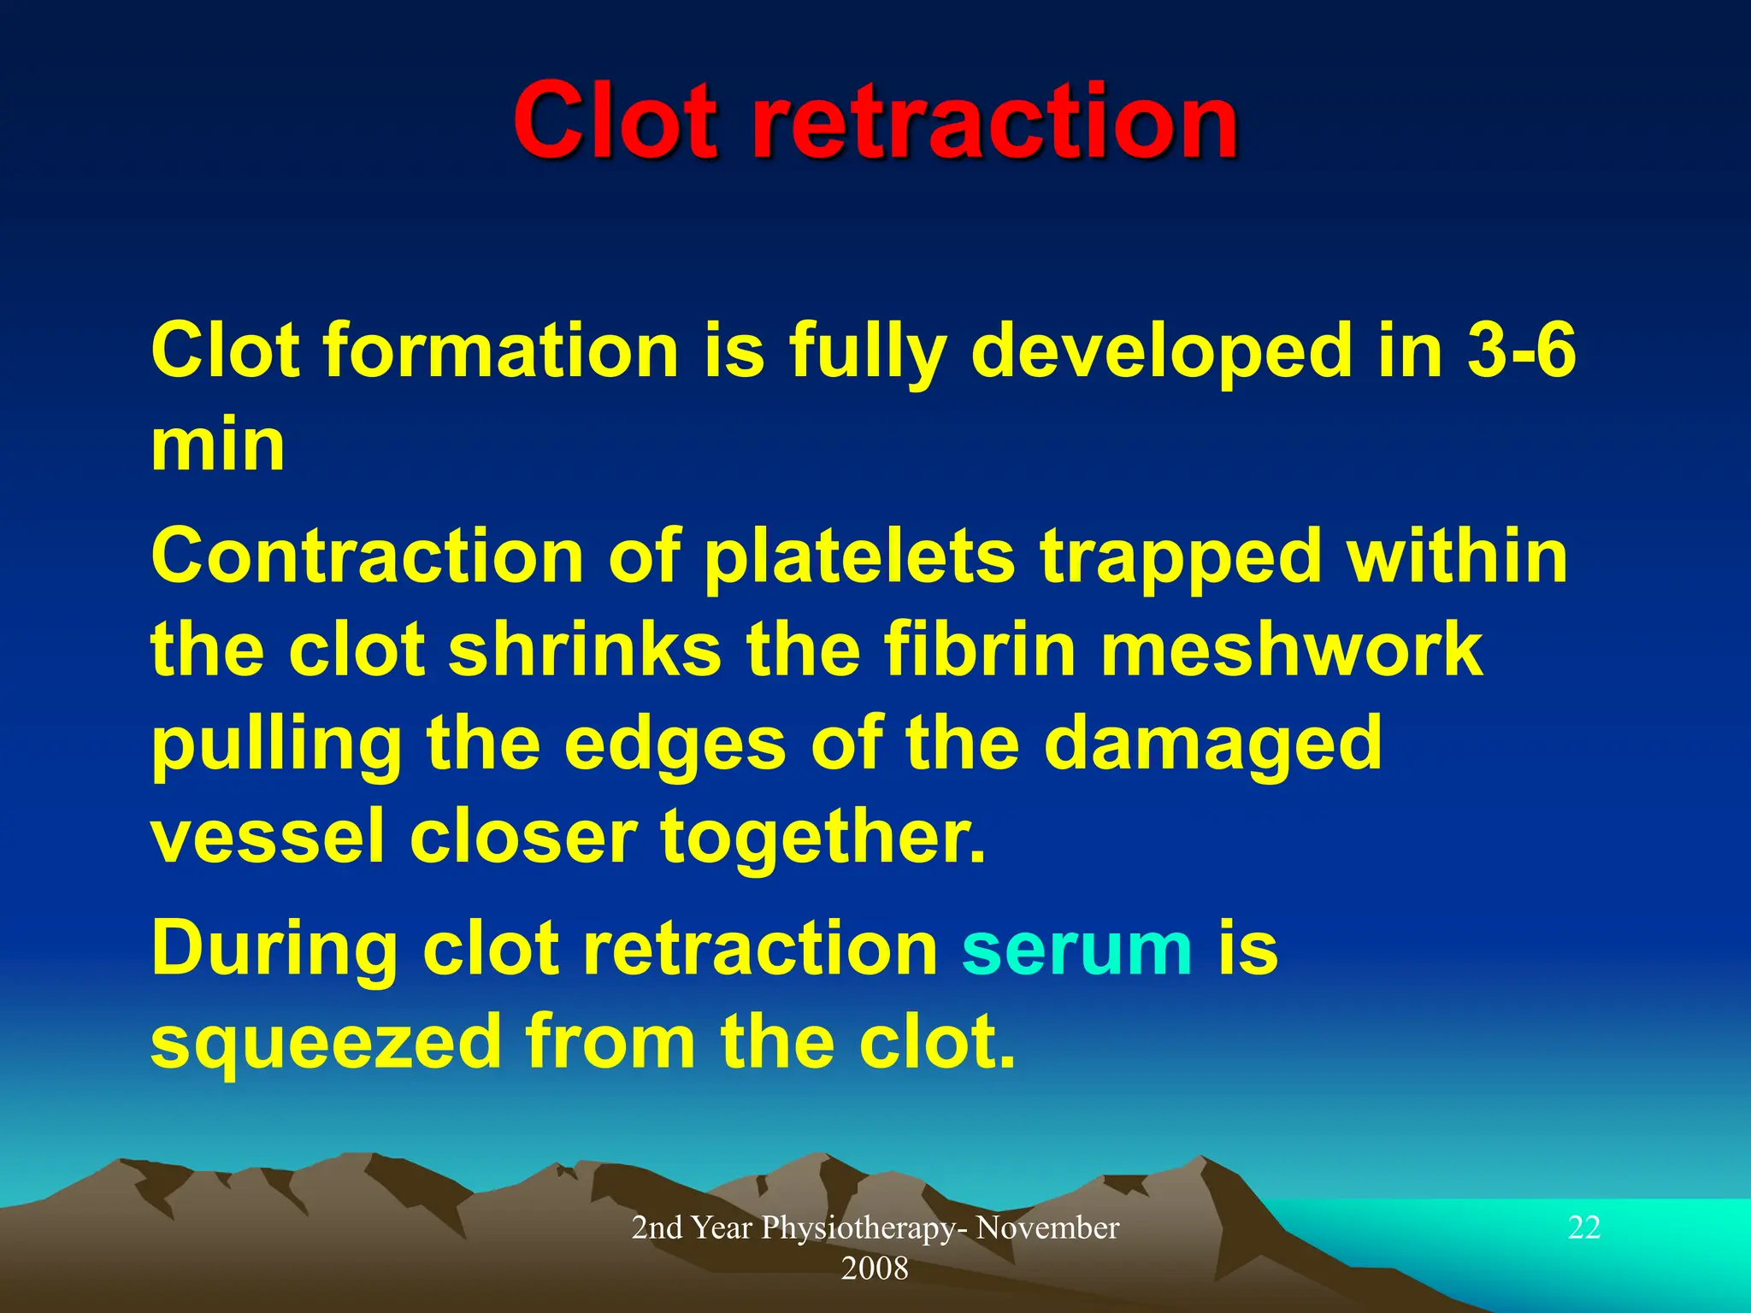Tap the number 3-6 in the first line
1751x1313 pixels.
coord(1521,350)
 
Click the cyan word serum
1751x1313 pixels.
coord(1076,949)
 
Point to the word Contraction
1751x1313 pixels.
coord(367,556)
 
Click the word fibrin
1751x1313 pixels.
coord(979,650)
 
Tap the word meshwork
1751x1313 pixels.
coord(1291,650)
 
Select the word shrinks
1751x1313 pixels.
coord(585,650)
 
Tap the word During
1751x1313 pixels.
coord(274,949)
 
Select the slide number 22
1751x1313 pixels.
coord(1583,1228)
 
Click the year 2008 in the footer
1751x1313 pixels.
coord(875,1269)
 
